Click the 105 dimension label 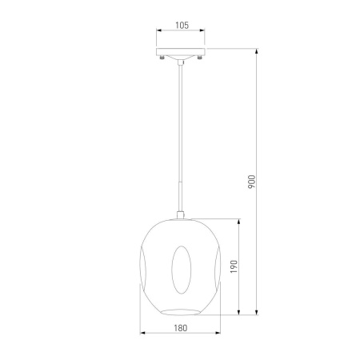pos(182,26)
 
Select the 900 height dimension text pos(251,182)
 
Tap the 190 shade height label pos(234,266)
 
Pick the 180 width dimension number pos(181,328)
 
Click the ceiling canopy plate pos(181,52)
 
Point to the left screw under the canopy pos(162,57)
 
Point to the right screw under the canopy pos(199,57)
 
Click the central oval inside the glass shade pos(182,270)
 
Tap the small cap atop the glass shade pos(181,215)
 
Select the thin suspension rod pos(181,138)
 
